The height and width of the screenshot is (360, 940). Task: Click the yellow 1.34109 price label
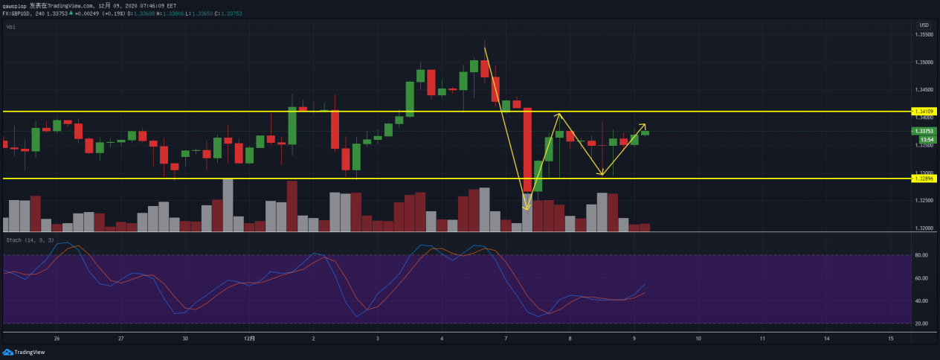(x=925, y=112)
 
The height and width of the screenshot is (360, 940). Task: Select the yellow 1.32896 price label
(x=925, y=179)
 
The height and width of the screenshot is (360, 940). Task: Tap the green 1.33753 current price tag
(x=925, y=131)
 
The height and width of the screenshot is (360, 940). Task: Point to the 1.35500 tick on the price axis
(x=924, y=34)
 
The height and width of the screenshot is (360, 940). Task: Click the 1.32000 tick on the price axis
(x=924, y=228)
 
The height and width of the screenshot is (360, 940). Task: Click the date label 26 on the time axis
(x=57, y=338)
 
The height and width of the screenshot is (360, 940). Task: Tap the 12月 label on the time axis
(x=250, y=338)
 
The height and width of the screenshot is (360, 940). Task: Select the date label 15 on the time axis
(x=891, y=338)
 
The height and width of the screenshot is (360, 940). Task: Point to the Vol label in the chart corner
(x=10, y=27)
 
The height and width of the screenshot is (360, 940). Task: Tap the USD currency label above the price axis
(x=924, y=25)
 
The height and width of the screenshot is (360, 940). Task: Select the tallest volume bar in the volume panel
(x=228, y=205)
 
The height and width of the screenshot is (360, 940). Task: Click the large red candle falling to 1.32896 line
(x=528, y=150)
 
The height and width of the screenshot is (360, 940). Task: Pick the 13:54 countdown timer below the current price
(x=927, y=140)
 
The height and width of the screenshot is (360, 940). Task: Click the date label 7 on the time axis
(x=506, y=338)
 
